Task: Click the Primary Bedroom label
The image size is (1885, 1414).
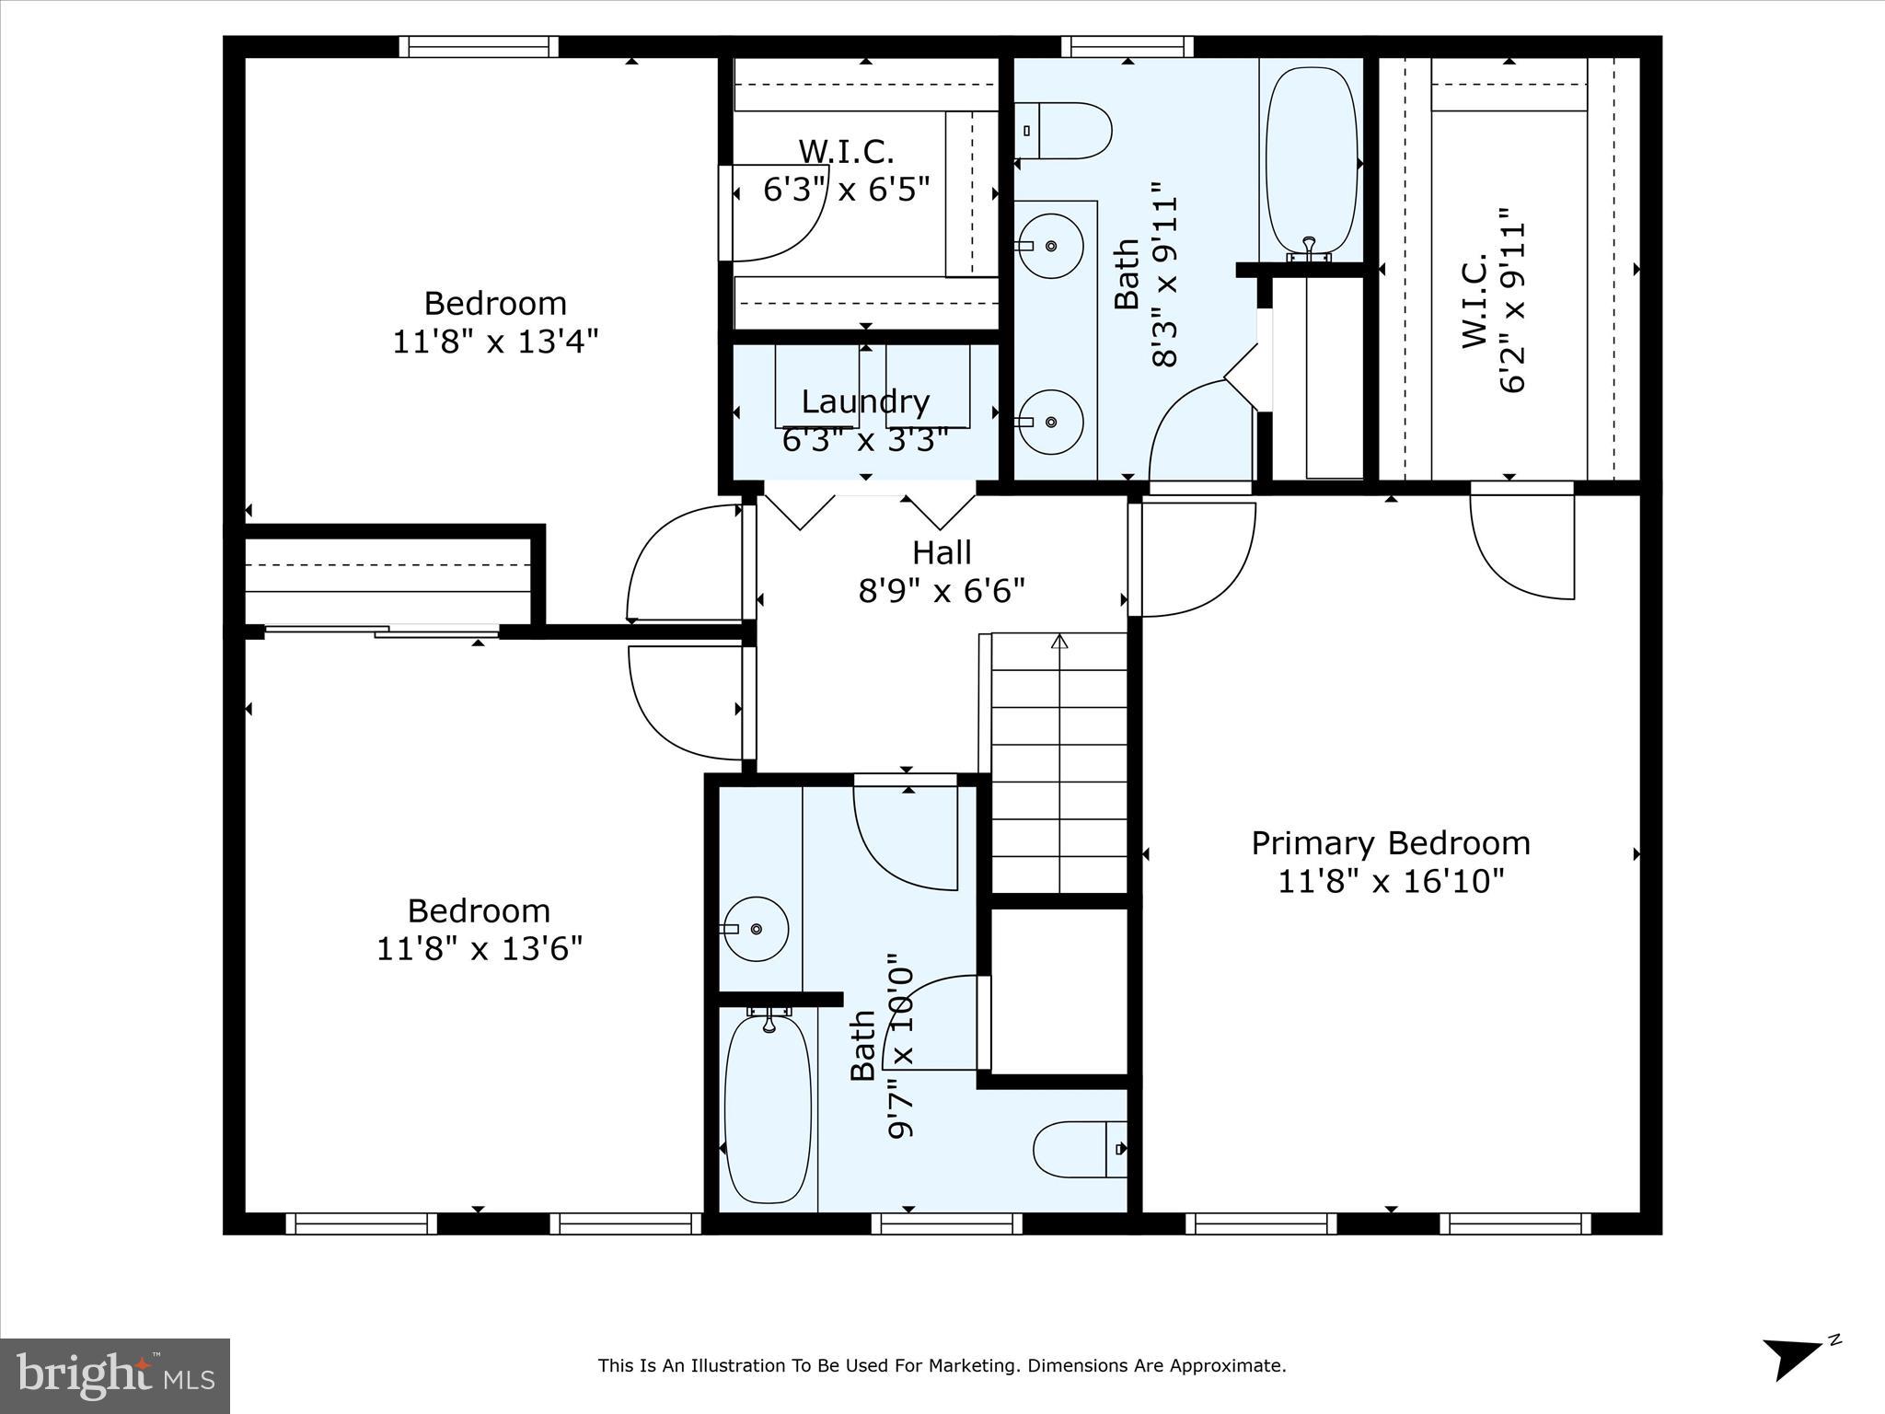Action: [1390, 843]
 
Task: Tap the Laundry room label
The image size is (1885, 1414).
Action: [865, 402]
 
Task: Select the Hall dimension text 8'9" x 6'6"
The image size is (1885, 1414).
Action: [942, 590]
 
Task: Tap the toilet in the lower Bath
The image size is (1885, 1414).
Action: [1079, 1149]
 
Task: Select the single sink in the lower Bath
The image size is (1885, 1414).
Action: [756, 929]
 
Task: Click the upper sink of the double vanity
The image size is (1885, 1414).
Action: [1050, 246]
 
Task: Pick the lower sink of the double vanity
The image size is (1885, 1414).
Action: [1050, 422]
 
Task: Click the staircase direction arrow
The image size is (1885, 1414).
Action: [1059, 642]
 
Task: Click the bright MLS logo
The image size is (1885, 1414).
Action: [115, 1375]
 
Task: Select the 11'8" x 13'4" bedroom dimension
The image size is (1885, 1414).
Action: [495, 342]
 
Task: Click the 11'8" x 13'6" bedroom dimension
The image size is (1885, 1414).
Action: [480, 948]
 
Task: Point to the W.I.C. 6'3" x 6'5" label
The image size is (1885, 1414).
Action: [846, 170]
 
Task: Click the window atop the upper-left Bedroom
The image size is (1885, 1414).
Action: [479, 46]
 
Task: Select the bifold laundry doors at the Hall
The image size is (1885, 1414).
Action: [870, 508]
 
